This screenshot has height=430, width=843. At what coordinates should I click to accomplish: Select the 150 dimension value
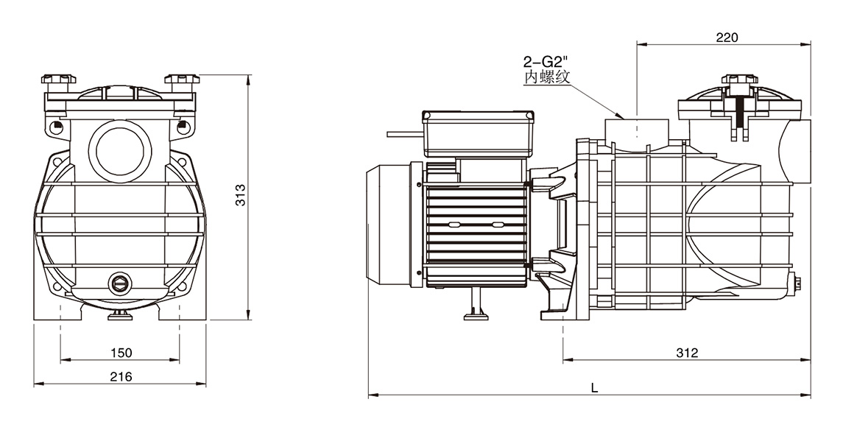click(x=121, y=353)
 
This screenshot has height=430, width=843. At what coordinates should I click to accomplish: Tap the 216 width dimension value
click(x=121, y=376)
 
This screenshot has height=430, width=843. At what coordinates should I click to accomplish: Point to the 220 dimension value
click(x=726, y=38)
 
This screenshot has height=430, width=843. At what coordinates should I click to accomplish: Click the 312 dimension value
click(x=686, y=353)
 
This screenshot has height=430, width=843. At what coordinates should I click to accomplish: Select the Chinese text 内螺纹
click(x=546, y=78)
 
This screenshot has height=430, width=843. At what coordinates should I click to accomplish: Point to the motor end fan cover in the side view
click(x=391, y=224)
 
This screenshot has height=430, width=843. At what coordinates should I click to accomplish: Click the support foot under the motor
click(x=476, y=307)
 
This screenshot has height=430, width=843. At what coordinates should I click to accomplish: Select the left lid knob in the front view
click(x=59, y=80)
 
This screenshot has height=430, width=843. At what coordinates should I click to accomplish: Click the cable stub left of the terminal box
click(x=403, y=134)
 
